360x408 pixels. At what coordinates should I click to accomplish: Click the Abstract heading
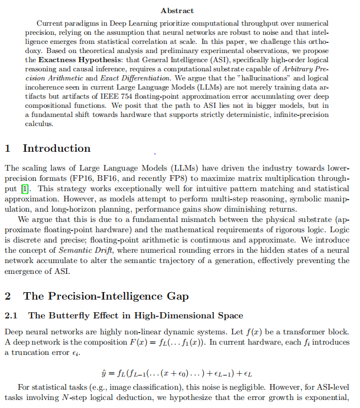(x=177, y=10)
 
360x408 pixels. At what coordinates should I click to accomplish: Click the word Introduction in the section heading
(x=56, y=148)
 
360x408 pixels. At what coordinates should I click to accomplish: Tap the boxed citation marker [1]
(x=24, y=188)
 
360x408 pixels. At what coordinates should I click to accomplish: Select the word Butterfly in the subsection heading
(x=68, y=316)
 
